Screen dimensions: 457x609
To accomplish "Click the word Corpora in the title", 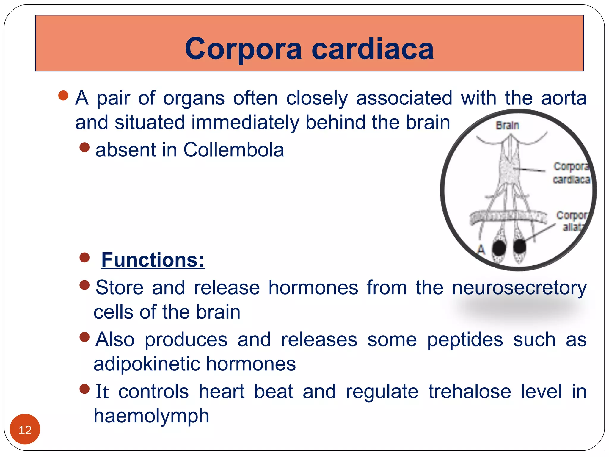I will pos(243,49).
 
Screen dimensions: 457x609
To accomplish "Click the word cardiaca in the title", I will pos(373,49).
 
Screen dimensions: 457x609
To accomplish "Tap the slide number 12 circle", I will pos(25,429).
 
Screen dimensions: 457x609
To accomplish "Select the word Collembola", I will pos(234,150).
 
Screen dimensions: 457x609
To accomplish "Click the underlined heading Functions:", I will pos(153,260).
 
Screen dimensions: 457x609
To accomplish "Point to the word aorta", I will pos(564,98).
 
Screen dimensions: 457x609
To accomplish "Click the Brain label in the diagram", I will pos(507,126).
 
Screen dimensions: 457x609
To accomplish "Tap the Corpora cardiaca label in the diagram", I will pos(571,173).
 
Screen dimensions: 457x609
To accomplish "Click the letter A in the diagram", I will pos(481,249).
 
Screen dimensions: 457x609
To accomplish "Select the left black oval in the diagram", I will pos(499,248).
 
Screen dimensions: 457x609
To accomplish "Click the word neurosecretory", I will pos(519,288).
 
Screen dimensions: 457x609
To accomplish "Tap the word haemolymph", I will pos(151,416).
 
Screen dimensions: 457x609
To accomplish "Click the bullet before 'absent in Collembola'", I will pos(85,147).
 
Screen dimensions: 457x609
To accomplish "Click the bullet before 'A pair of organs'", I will pos(63,96).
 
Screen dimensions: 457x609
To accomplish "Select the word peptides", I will pos(465,340).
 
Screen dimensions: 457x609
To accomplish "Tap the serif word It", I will pos(102,392).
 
